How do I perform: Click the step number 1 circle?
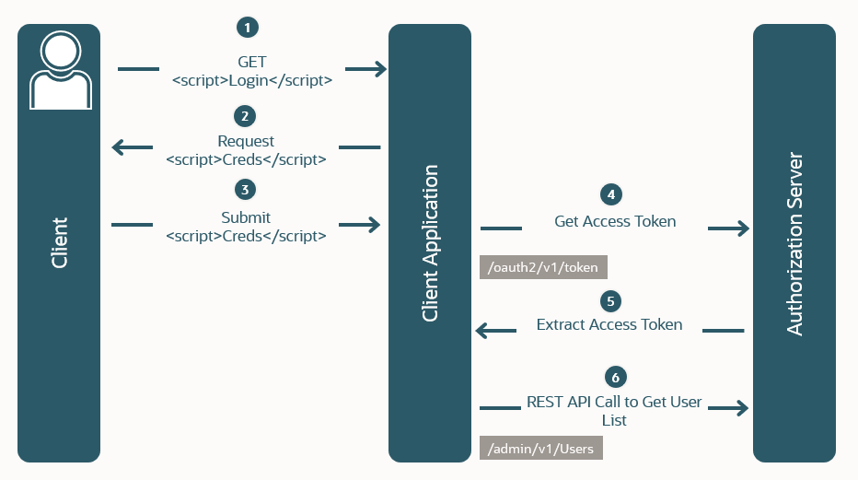(247, 28)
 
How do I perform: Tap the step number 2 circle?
(244, 116)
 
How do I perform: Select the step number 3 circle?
(244, 190)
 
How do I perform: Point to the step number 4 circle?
(609, 194)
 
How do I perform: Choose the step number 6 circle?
(617, 377)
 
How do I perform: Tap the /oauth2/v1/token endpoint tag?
(543, 268)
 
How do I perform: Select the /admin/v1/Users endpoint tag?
(541, 449)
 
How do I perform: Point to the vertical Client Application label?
(430, 243)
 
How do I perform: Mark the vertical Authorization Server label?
(794, 243)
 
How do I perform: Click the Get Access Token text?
(615, 221)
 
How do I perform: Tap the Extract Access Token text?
(609, 324)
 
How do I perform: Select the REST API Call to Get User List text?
(614, 411)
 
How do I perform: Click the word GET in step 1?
(251, 62)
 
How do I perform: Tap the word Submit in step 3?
(246, 217)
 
